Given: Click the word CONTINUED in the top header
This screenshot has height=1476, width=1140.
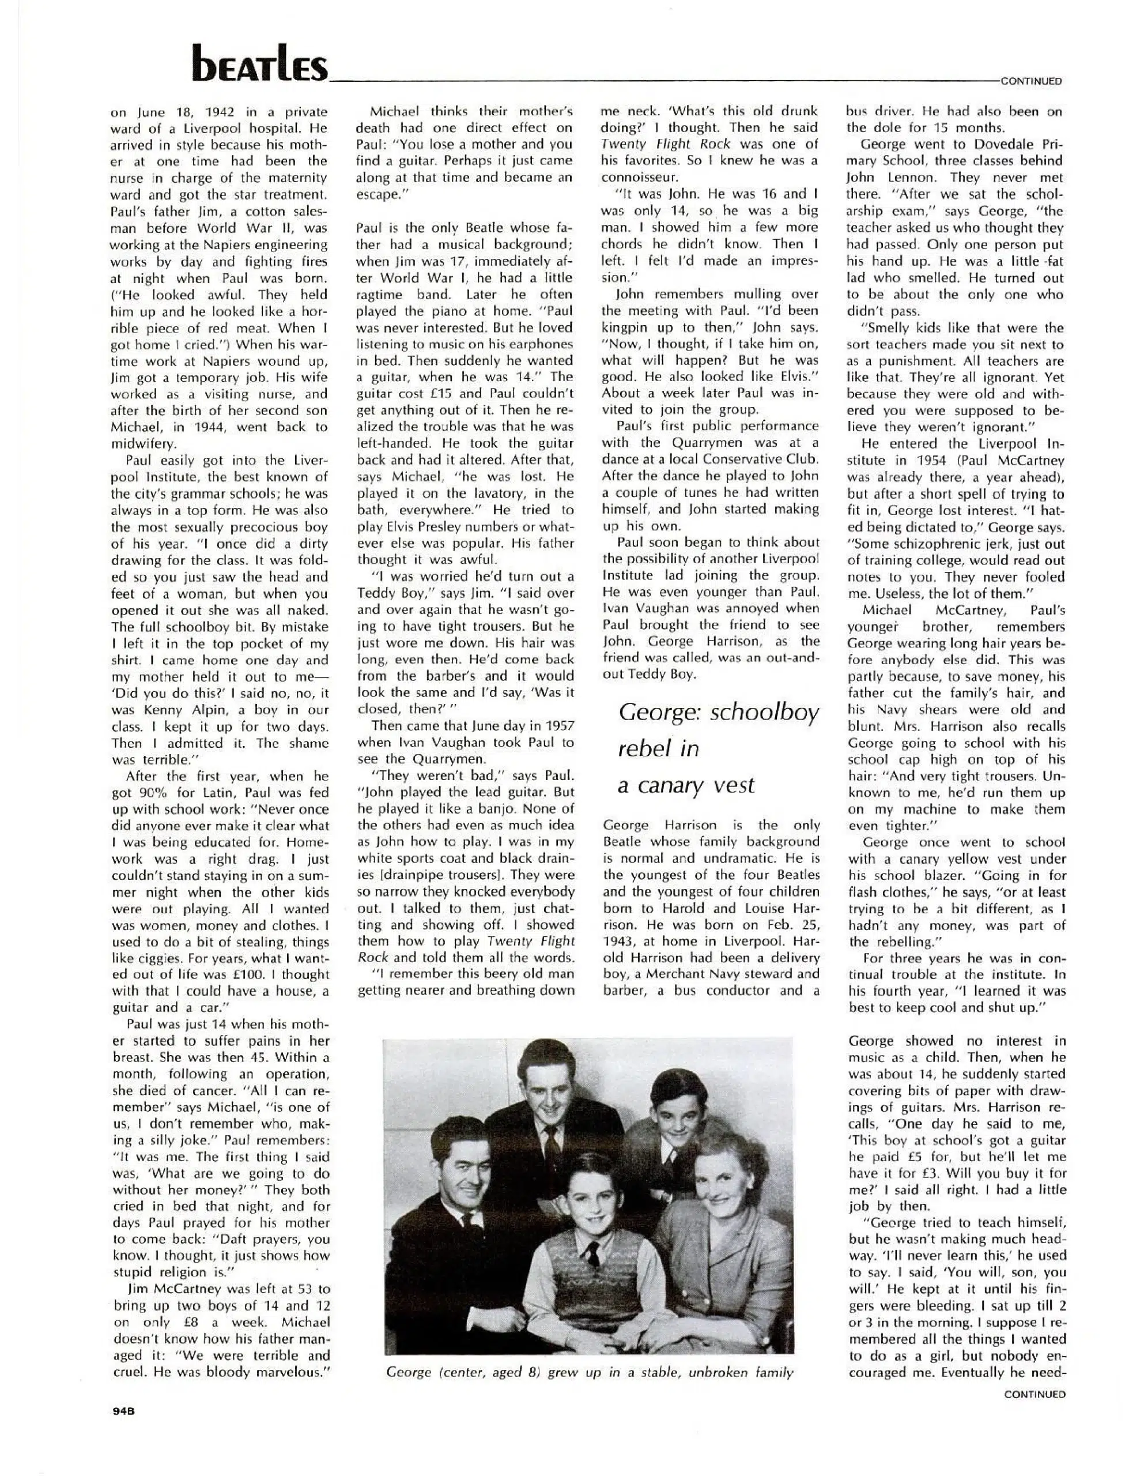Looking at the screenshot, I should click(x=1031, y=81).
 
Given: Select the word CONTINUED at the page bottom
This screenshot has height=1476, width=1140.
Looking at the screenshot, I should click(x=1035, y=1394).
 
